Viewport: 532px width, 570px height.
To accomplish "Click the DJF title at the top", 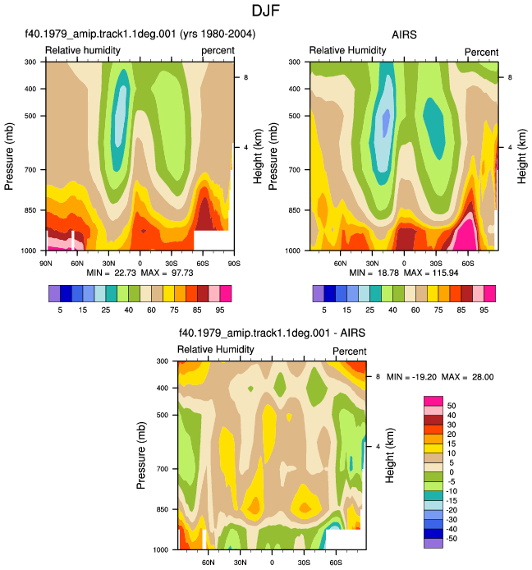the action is click(x=266, y=11).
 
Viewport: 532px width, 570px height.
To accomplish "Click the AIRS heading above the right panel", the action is click(x=404, y=34).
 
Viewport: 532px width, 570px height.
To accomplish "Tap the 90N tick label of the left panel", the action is click(x=46, y=263).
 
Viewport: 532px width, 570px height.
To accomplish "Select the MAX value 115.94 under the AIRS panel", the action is click(x=445, y=273).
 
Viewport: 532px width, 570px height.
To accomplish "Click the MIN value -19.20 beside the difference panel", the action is click(x=424, y=377).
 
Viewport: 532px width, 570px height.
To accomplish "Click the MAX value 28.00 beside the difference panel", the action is click(x=483, y=377).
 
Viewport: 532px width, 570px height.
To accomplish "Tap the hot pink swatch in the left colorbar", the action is click(x=226, y=294).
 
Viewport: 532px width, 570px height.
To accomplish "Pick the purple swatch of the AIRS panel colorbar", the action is click(x=319, y=294).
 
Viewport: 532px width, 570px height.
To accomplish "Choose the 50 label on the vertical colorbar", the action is click(x=452, y=406).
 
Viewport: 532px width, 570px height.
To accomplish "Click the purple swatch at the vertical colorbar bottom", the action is click(x=433, y=543).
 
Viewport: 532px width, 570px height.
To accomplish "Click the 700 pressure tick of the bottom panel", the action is click(x=163, y=469).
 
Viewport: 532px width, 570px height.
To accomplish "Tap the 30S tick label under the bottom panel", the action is click(x=304, y=563).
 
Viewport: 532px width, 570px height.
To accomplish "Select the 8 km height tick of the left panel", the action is click(x=245, y=77).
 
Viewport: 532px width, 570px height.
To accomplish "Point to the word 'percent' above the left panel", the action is click(x=218, y=51).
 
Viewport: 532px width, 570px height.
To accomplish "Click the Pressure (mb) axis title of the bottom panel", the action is click(x=141, y=455).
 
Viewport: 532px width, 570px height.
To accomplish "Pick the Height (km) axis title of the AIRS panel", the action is click(x=521, y=156).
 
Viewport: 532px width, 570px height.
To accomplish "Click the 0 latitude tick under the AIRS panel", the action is click(x=404, y=263).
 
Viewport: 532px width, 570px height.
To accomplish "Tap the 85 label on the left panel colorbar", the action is click(x=197, y=310).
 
